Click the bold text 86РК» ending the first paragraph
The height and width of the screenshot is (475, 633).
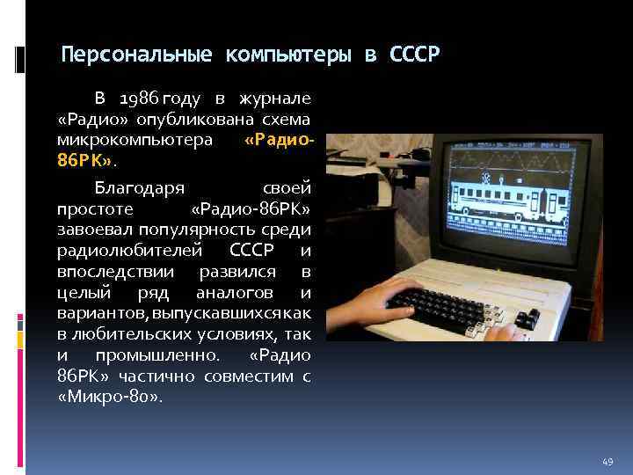84,162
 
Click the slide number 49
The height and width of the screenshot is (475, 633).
608,460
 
